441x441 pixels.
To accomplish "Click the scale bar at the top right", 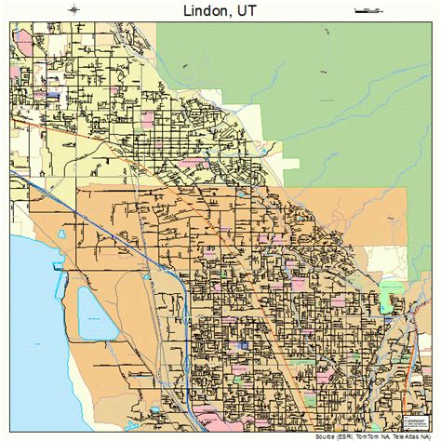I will (368, 11).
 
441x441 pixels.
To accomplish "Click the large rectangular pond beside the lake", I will (92, 312).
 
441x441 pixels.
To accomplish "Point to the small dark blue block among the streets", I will (244, 345).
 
